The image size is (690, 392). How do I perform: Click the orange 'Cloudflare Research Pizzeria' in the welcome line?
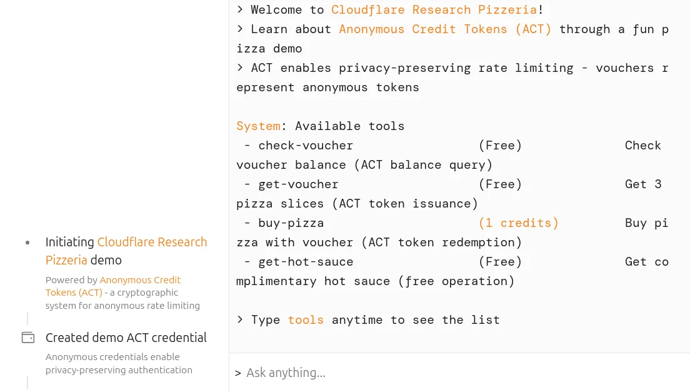click(x=434, y=10)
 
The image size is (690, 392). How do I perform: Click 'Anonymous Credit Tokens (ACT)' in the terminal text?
click(x=445, y=29)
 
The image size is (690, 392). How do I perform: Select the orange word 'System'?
click(x=258, y=126)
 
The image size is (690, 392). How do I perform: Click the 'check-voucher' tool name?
click(x=306, y=146)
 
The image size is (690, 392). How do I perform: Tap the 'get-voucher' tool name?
click(x=298, y=184)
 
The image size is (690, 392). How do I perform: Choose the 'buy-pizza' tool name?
click(x=291, y=223)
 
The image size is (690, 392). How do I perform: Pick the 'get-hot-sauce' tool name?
click(x=306, y=262)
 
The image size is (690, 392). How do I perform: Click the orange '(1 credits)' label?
click(x=518, y=223)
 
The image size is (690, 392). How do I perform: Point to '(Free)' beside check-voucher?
click(x=500, y=146)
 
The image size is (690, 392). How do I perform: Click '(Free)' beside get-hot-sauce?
click(x=500, y=262)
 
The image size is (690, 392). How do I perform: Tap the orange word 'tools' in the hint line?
click(x=306, y=320)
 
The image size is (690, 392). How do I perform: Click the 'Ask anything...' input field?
click(x=437, y=373)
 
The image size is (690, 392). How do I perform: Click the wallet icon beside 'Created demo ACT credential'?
click(x=28, y=338)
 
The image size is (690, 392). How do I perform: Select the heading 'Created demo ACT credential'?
click(x=126, y=338)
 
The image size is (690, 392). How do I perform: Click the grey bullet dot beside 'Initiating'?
click(x=27, y=243)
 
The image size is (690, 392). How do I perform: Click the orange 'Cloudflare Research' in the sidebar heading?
click(x=152, y=242)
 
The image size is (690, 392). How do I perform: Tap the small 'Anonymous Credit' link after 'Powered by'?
click(x=140, y=280)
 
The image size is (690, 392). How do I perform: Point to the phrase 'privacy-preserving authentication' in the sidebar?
click(x=119, y=370)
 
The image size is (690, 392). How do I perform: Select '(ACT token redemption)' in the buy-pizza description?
click(x=441, y=243)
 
